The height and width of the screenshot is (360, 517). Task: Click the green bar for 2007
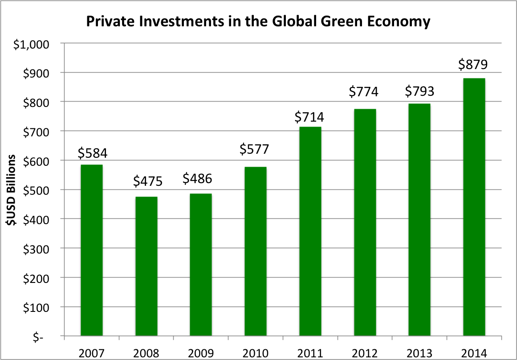click(x=92, y=250)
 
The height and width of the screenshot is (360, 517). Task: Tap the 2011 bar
click(x=310, y=231)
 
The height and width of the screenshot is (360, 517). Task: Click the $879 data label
click(x=474, y=65)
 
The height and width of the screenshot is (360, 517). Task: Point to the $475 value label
click(x=147, y=181)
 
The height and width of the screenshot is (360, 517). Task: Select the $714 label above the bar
click(x=309, y=118)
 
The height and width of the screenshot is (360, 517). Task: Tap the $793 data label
click(x=419, y=91)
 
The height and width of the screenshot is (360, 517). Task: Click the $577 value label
click(x=255, y=149)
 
